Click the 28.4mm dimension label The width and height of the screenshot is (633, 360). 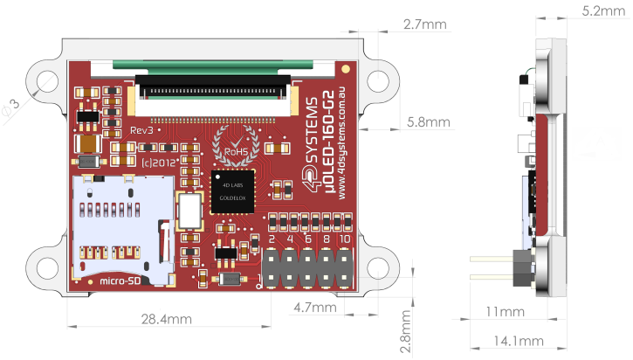166,320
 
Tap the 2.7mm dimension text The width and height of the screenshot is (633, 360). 425,25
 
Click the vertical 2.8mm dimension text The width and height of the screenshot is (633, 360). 404,331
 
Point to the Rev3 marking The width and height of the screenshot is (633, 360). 143,129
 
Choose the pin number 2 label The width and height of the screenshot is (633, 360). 272,239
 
